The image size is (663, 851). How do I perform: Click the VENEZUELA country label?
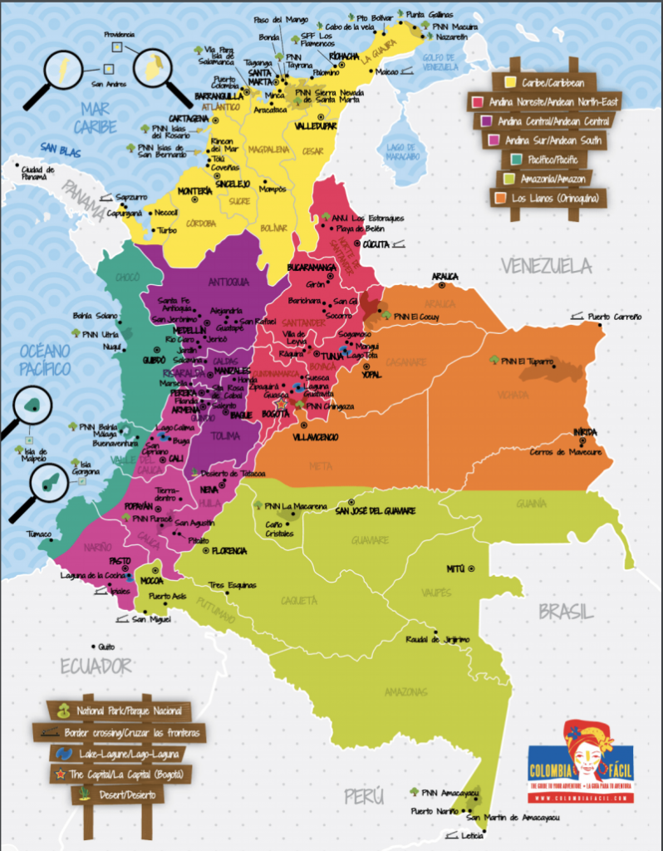tap(546, 266)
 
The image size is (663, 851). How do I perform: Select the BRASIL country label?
tap(566, 612)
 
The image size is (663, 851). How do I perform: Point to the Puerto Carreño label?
tap(615, 317)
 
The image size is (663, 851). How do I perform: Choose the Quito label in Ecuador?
tap(106, 647)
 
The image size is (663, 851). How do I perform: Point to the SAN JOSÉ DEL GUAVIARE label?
tap(375, 510)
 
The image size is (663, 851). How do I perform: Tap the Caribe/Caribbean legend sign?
tap(543, 82)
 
